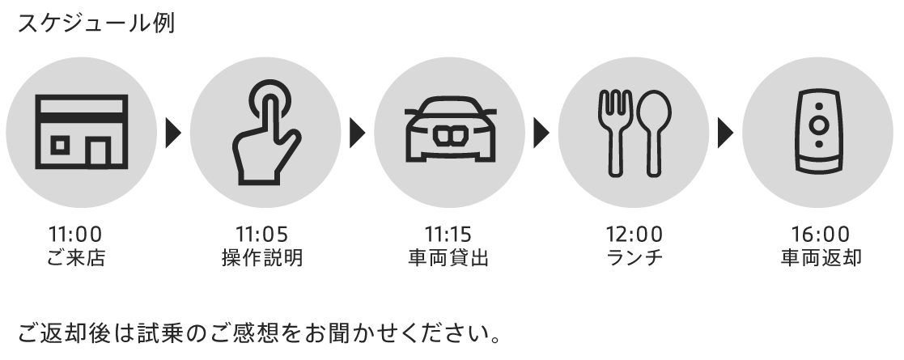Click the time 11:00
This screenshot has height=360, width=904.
(76, 235)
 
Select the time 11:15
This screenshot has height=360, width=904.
(448, 235)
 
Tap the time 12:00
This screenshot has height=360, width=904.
(634, 235)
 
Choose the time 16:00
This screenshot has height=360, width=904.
(819, 235)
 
